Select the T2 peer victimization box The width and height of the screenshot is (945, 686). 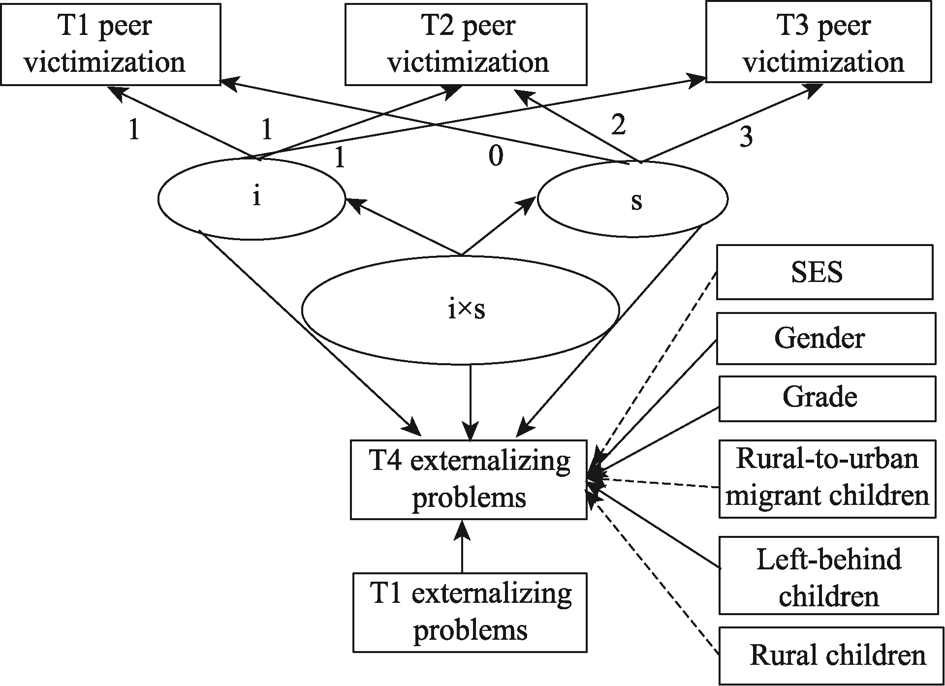point(466,44)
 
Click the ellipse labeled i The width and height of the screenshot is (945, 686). point(252,198)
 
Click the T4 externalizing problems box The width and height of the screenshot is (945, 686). point(469,479)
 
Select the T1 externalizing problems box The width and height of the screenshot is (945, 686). point(470,612)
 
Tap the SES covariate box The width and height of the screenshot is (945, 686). point(824,272)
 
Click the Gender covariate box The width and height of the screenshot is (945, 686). point(825,338)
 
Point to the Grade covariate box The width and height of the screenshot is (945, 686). point(827,398)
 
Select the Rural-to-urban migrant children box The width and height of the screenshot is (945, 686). point(827,478)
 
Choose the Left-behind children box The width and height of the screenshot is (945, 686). point(828,576)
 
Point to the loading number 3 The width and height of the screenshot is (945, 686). point(746,138)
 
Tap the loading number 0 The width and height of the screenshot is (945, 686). point(496,156)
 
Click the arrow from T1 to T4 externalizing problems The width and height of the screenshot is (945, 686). point(462,546)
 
